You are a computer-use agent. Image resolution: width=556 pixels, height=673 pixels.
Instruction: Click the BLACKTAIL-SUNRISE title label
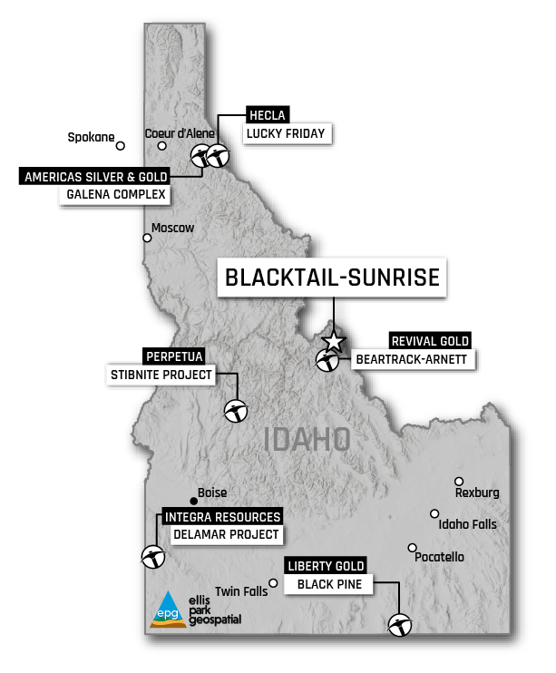[x=331, y=278]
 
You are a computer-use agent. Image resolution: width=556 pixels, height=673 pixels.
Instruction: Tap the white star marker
[x=334, y=341]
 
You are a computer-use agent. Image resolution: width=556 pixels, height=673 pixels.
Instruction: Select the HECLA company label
[x=268, y=115]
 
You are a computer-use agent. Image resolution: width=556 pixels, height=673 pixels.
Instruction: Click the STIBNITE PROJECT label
[x=161, y=374]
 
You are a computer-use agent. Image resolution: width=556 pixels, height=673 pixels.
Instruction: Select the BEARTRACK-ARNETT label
[x=412, y=360]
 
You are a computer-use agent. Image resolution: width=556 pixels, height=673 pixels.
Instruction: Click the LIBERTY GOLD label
[x=326, y=566]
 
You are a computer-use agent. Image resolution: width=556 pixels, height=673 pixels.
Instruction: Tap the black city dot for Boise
[x=192, y=501]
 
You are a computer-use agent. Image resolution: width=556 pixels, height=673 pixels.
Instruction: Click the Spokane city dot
[x=120, y=145]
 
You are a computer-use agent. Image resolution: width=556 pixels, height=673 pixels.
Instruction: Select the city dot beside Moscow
[x=147, y=239]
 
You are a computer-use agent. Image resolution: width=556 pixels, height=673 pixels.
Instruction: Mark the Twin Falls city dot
[x=273, y=583]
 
